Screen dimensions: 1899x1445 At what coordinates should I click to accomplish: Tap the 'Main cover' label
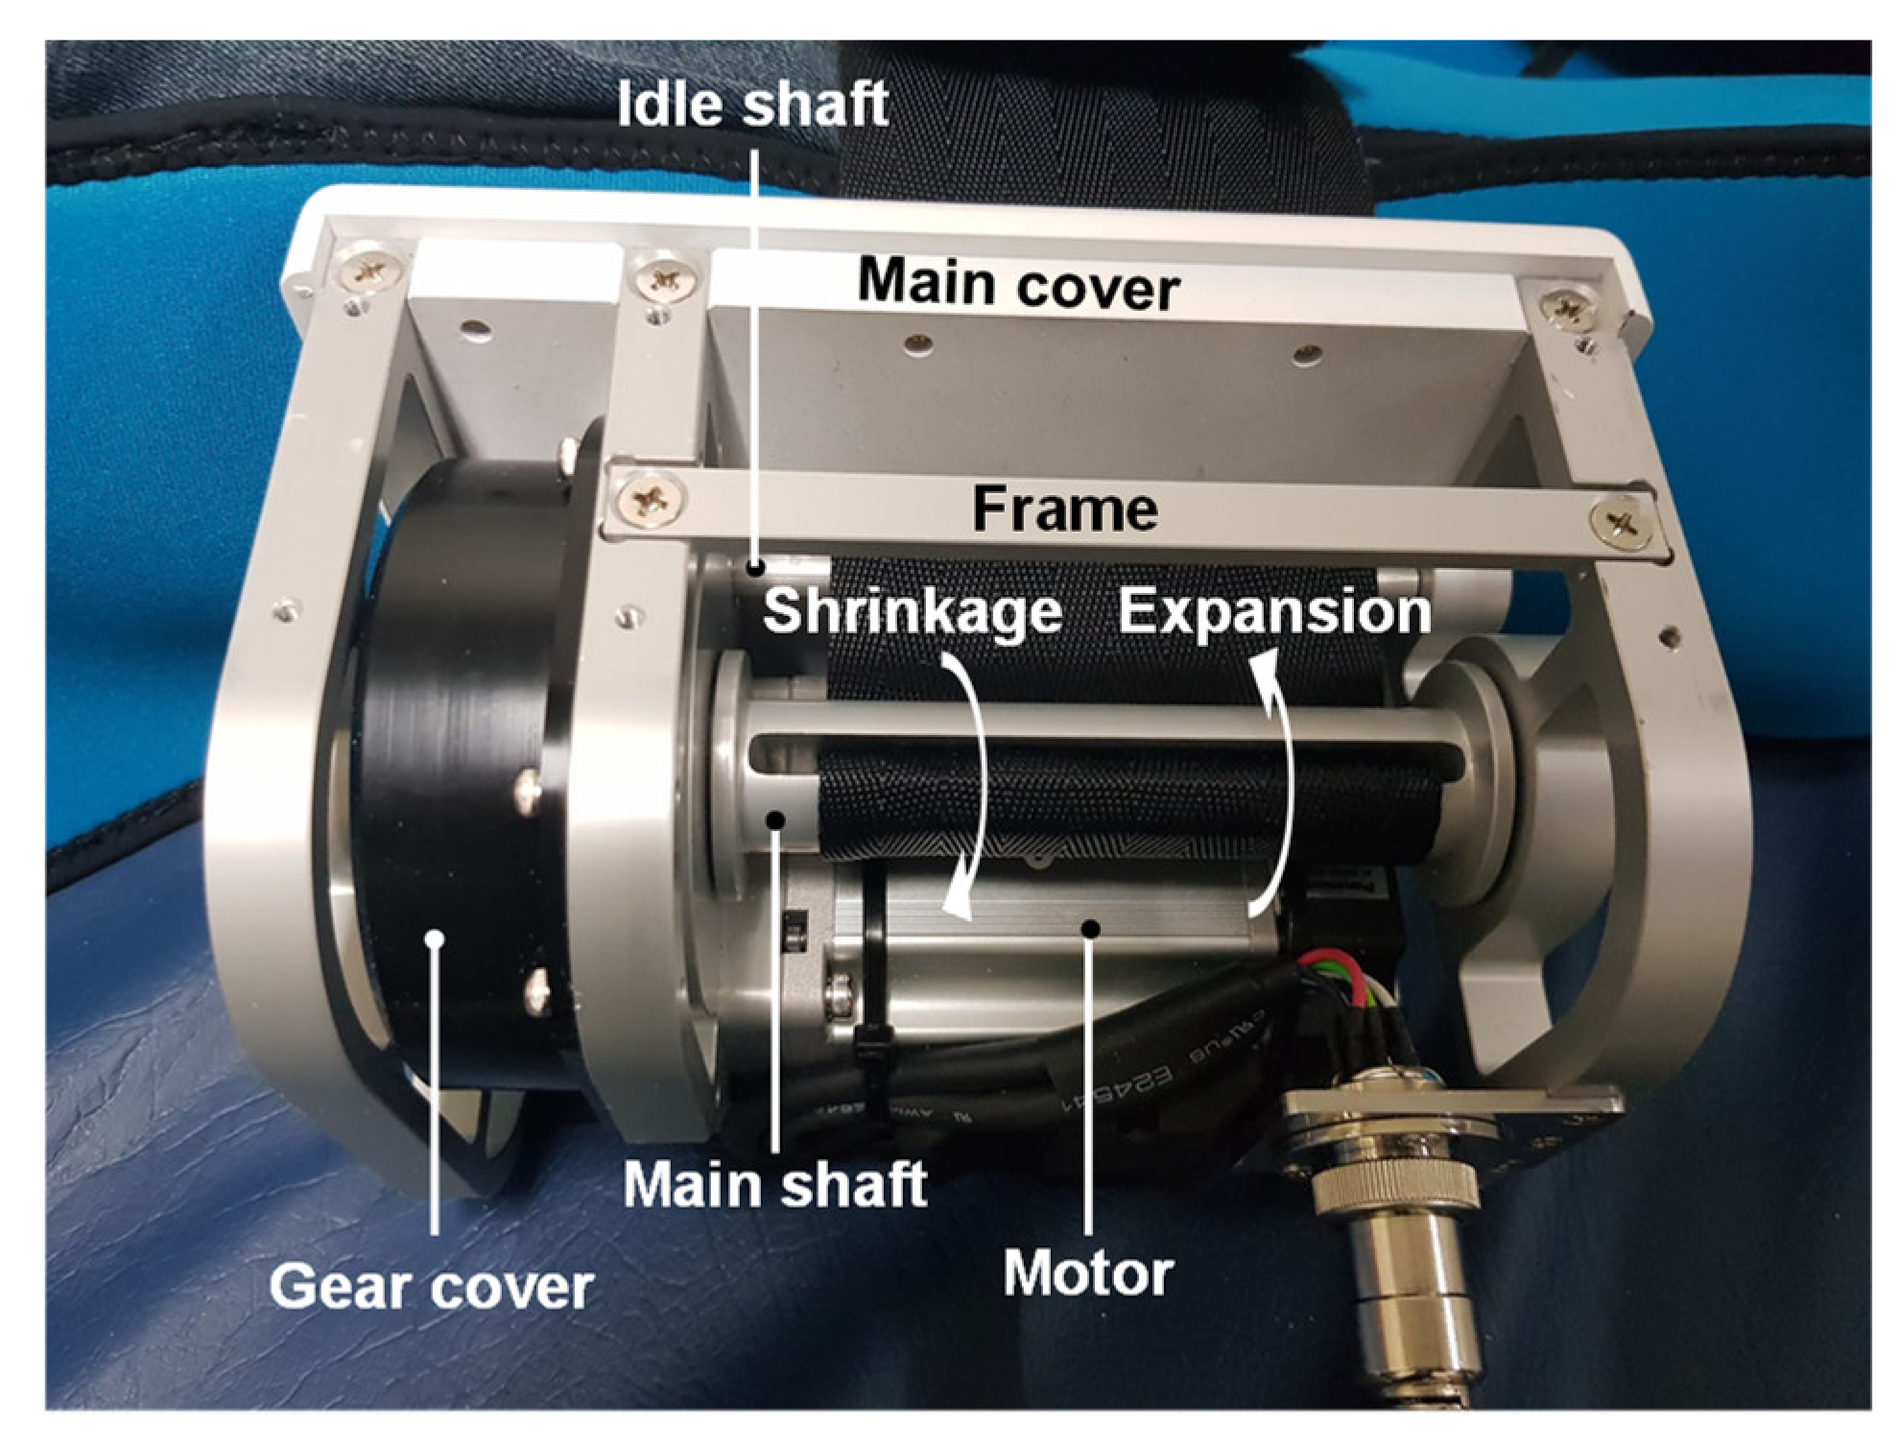coord(1018,284)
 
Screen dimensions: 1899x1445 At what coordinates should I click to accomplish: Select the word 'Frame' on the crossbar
coord(1064,509)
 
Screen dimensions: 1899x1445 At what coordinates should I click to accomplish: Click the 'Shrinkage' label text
coord(913,611)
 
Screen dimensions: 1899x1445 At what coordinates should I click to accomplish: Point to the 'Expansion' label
coord(1274,611)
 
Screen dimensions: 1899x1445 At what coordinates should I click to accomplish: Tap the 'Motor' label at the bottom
coord(1088,1274)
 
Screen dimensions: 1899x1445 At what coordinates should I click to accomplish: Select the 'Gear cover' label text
coord(431,1286)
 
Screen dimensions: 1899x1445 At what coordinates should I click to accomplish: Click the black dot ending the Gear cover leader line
coord(436,937)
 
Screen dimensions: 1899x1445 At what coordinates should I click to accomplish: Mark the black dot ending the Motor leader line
coord(1089,927)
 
